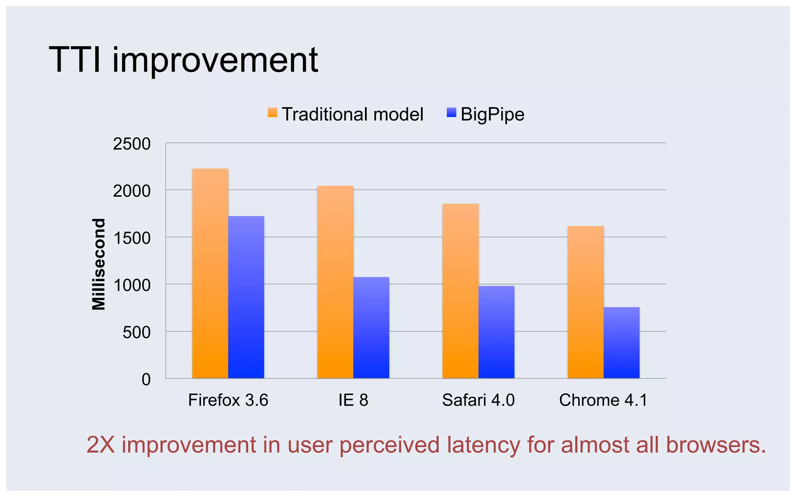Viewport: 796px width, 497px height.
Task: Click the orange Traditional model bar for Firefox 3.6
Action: pos(210,274)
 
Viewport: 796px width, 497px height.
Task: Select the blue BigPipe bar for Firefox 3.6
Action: pos(246,297)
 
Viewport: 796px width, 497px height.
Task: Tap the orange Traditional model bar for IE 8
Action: pos(335,282)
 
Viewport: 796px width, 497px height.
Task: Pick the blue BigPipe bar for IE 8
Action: pos(371,328)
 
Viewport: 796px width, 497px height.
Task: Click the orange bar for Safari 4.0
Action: pos(461,291)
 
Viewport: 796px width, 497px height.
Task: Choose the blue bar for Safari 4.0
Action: pos(496,332)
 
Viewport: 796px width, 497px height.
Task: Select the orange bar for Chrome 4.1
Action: pos(586,302)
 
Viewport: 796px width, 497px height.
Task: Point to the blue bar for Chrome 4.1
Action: pos(621,343)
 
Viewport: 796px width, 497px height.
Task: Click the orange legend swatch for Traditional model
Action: pos(272,113)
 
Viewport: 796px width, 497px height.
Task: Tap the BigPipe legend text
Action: pos(492,115)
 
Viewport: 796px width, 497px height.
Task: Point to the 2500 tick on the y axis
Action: pos(132,144)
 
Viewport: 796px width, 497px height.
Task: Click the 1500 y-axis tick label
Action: pos(132,238)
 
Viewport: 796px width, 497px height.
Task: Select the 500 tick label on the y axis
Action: pos(136,332)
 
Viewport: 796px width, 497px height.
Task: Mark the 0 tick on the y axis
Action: pos(146,379)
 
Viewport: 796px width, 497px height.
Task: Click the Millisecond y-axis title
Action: pos(99,264)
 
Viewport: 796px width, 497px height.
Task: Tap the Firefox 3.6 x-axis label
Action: pos(228,400)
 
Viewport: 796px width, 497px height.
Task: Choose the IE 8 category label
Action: pos(353,400)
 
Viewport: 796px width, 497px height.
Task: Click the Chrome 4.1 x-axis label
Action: pos(603,400)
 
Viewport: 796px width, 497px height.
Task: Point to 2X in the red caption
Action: pos(101,445)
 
